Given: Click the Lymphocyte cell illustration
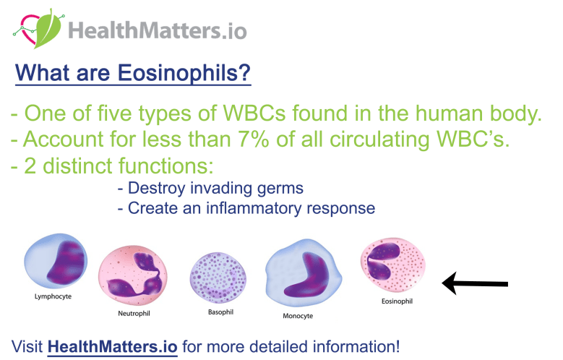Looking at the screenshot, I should [x=56, y=261].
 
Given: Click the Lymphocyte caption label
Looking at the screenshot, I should [x=53, y=296].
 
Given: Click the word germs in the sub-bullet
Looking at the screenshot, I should [x=280, y=189].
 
